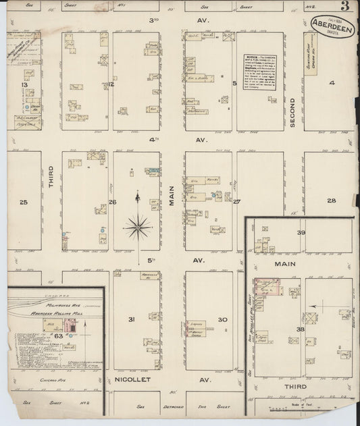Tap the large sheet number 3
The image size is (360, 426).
(345, 8)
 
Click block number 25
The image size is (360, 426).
(24, 202)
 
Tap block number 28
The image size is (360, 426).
(331, 201)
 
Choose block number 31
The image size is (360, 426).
(132, 319)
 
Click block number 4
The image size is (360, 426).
(331, 83)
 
